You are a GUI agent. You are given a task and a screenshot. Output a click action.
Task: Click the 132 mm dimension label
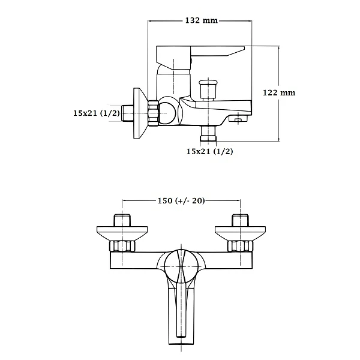[x=202, y=20]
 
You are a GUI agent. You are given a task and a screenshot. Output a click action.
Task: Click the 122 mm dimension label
[x=279, y=92]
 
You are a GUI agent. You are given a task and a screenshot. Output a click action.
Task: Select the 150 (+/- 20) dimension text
[x=181, y=200]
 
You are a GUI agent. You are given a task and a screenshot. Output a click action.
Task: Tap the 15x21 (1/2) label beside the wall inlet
[x=97, y=113]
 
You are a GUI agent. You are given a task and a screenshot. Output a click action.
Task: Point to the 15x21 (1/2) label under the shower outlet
[x=209, y=151]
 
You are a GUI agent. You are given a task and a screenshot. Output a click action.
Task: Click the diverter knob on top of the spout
[x=208, y=89]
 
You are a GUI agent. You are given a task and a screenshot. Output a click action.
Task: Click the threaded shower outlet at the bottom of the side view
[x=208, y=134]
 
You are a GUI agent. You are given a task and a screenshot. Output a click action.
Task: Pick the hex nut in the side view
[x=153, y=113]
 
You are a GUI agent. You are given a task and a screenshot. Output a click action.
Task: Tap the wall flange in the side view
[x=140, y=113]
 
